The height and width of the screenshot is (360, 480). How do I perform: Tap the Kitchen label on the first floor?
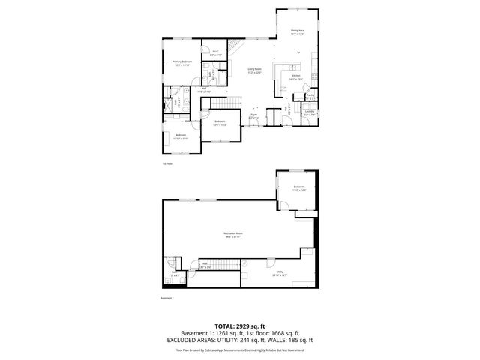(x=295, y=77)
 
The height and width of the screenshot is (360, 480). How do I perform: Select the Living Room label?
(x=253, y=70)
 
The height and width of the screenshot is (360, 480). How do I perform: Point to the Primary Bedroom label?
(x=182, y=62)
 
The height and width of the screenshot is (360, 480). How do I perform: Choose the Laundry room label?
(x=309, y=112)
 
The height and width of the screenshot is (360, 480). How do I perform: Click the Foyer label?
(x=253, y=115)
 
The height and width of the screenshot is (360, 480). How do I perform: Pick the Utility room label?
(x=278, y=274)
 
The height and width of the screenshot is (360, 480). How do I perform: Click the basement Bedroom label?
(x=299, y=187)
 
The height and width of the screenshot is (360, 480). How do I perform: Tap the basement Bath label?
(x=174, y=275)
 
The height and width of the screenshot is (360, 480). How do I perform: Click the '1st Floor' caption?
(x=167, y=163)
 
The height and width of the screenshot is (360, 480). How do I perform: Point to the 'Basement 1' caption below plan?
(x=167, y=298)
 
